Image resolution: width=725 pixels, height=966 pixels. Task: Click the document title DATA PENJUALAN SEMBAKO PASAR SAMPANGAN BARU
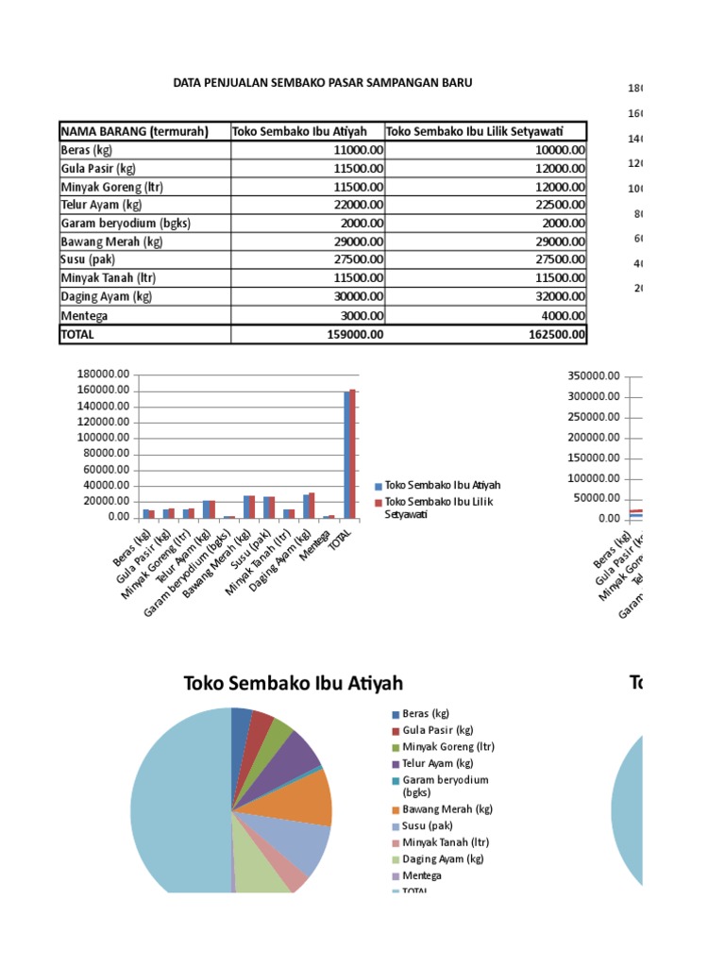pos(322,83)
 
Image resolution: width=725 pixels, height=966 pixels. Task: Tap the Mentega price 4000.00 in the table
pos(557,316)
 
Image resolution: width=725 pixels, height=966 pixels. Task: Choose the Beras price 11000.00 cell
pos(353,150)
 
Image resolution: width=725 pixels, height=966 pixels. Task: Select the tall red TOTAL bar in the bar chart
pos(353,454)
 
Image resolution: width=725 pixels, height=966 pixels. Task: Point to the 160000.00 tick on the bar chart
pos(103,391)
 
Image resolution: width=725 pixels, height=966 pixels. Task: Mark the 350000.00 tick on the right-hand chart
pos(594,375)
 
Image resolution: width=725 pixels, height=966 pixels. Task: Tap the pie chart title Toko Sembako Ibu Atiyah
pos(293,683)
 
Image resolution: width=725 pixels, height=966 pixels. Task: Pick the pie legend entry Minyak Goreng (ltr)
pos(447,746)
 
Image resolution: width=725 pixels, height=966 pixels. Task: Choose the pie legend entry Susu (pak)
pos(430,825)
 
